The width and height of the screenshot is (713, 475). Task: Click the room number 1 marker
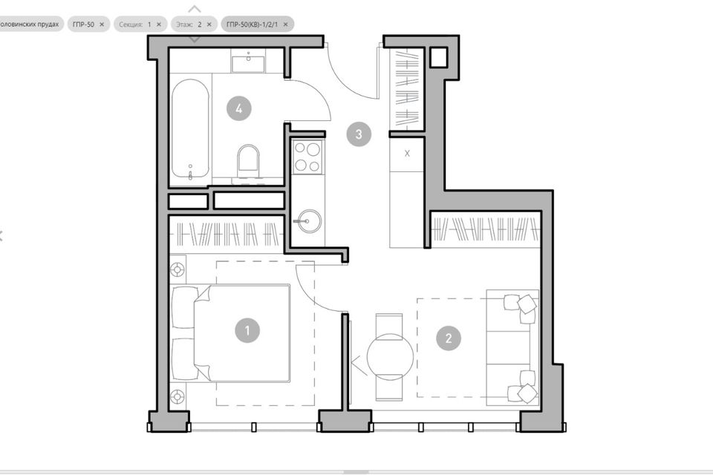[x=247, y=330]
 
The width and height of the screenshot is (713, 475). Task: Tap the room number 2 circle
[x=448, y=339]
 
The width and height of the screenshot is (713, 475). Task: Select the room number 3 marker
[x=359, y=134]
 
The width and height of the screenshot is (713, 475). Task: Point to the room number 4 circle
[x=238, y=108]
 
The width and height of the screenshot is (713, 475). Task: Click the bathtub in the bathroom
[x=190, y=130]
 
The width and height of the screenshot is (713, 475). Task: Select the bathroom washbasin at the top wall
[x=248, y=62]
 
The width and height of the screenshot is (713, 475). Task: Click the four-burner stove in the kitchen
[x=307, y=157]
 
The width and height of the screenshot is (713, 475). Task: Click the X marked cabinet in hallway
[x=407, y=154]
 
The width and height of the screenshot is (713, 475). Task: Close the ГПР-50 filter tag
[x=102, y=24]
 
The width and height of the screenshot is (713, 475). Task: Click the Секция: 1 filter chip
[x=138, y=24]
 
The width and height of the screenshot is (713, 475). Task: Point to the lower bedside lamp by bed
[x=178, y=396]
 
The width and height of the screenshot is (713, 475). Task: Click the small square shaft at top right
[x=439, y=58]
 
